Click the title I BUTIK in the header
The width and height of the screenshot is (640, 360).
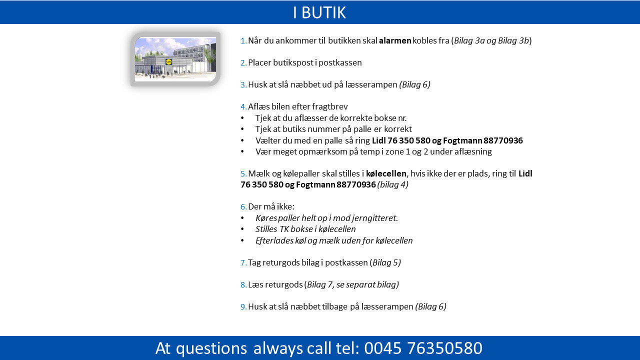[319, 12]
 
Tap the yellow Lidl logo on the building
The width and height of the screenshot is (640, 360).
[169, 61]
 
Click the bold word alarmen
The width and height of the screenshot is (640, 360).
[395, 40]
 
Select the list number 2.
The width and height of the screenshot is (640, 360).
[243, 62]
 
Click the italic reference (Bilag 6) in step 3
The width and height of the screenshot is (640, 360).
[415, 84]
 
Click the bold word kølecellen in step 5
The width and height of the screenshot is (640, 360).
[386, 173]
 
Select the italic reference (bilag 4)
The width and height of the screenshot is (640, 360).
[393, 184]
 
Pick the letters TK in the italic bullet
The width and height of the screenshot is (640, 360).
[284, 229]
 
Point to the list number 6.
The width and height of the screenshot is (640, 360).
[243, 206]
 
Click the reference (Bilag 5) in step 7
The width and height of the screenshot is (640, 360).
[385, 262]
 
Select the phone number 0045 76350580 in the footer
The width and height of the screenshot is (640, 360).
[423, 348]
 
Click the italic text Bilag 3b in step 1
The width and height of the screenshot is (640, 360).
[513, 40]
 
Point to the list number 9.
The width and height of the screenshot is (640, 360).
[243, 307]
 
